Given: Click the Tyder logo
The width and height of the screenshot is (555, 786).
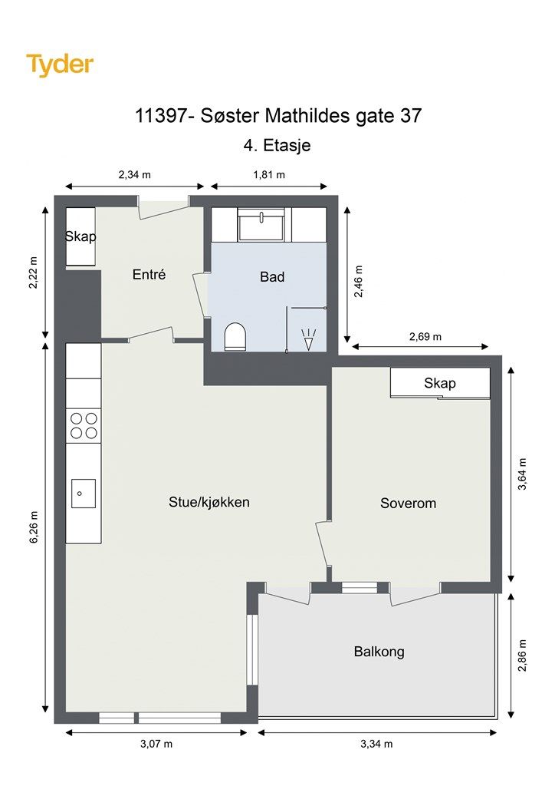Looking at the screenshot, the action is (x=60, y=65).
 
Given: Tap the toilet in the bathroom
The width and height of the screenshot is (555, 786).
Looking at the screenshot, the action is (x=235, y=336).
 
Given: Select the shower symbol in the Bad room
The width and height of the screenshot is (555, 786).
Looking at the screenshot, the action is (x=309, y=339).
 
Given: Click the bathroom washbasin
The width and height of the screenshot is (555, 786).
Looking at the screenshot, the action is (x=263, y=225).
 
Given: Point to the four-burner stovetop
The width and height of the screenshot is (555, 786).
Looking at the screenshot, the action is (x=84, y=425).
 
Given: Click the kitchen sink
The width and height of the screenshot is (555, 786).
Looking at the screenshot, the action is (x=83, y=494).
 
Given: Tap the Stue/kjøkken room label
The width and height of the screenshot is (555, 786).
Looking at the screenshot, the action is (x=209, y=502).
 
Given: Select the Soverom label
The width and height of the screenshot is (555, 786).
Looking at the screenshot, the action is (x=409, y=504).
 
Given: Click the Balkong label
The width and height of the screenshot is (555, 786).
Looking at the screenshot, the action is (x=379, y=652).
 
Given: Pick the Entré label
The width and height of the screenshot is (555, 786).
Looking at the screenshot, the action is (x=149, y=274).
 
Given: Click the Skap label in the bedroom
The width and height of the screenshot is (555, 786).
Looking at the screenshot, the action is (x=440, y=384).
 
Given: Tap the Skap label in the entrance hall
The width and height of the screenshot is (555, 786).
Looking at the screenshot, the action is (x=80, y=236).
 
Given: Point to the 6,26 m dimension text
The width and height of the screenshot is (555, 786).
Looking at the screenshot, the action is (x=34, y=527).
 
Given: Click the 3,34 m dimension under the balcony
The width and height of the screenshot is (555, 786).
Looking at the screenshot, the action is (x=376, y=745).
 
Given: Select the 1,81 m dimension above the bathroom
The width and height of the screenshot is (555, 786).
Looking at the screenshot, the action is (x=269, y=175).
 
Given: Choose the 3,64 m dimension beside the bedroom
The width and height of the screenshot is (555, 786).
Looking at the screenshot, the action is (x=523, y=474).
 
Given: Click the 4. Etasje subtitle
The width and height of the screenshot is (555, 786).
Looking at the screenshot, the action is (x=277, y=145).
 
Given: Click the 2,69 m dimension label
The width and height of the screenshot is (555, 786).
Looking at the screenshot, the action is (x=425, y=337).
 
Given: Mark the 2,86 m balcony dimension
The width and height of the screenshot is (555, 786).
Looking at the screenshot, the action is (x=523, y=656).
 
